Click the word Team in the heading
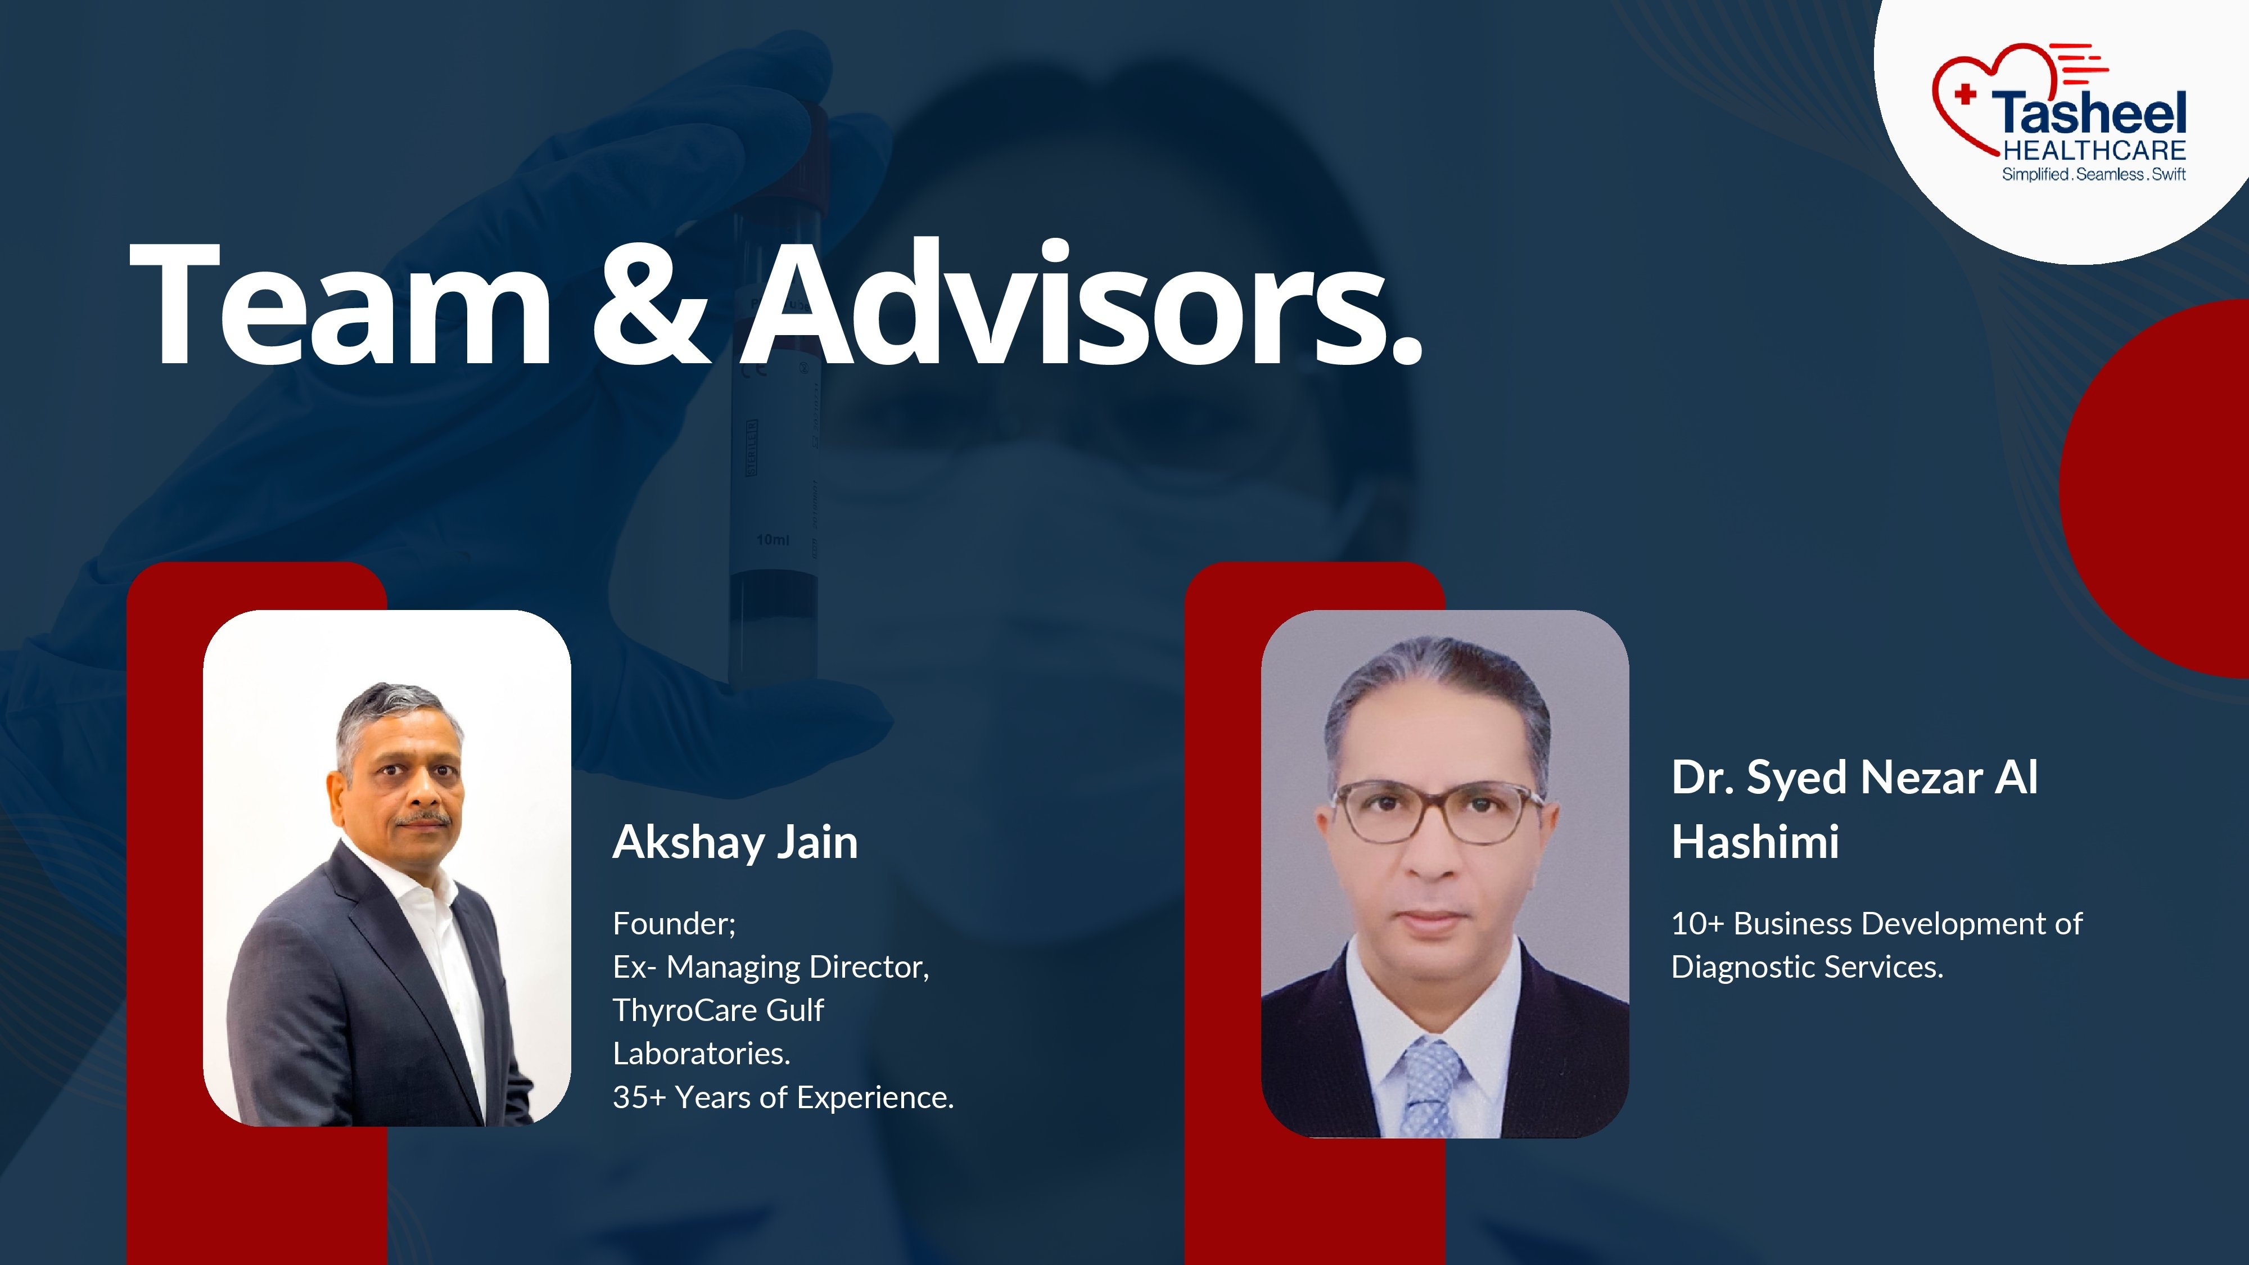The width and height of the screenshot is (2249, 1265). (341, 305)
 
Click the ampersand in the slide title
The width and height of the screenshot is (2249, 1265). (651, 305)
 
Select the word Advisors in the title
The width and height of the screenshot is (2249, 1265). (1082, 305)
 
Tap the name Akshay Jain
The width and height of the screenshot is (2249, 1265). (735, 842)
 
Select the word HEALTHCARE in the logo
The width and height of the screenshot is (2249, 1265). (2094, 151)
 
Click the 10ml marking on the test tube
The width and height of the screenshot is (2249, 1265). (773, 540)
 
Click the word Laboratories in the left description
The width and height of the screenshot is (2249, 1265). (701, 1054)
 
